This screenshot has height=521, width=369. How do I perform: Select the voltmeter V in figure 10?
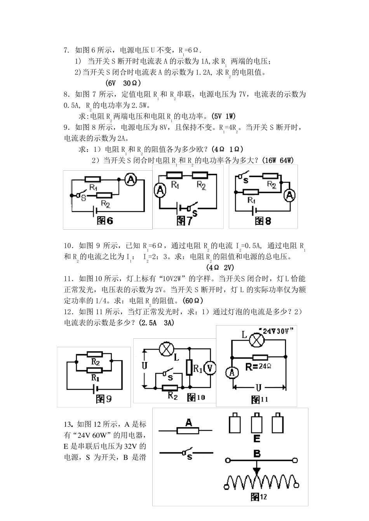(x=210, y=369)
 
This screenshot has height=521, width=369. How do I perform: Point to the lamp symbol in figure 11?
(x=256, y=340)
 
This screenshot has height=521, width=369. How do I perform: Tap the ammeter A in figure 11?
(x=232, y=372)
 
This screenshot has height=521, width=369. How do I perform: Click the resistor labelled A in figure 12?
(x=188, y=430)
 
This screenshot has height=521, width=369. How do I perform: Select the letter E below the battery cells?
(x=256, y=439)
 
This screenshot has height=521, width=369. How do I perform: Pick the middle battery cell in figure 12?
(x=257, y=424)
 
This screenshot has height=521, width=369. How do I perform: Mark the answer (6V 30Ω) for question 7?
(x=123, y=83)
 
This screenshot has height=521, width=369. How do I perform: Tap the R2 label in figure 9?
(x=95, y=362)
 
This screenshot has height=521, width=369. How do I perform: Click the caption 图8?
(x=263, y=221)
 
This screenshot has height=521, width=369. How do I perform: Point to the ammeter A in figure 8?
(x=289, y=196)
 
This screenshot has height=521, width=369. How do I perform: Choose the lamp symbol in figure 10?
(x=166, y=349)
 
